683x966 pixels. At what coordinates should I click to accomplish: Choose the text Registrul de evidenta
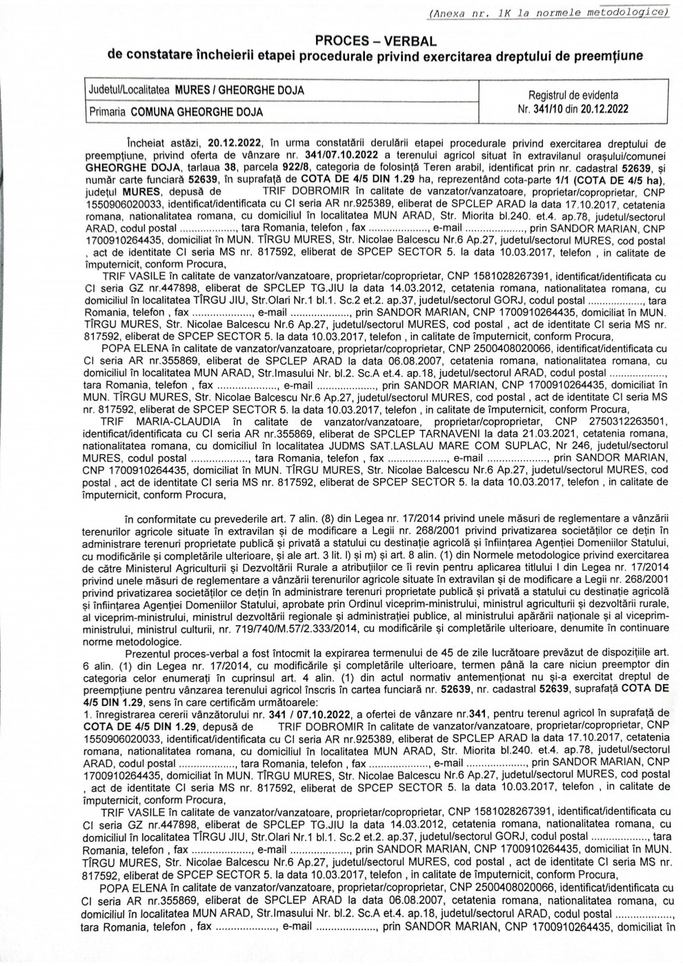tap(573, 95)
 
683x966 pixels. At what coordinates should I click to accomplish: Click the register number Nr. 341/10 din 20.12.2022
tap(573, 108)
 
